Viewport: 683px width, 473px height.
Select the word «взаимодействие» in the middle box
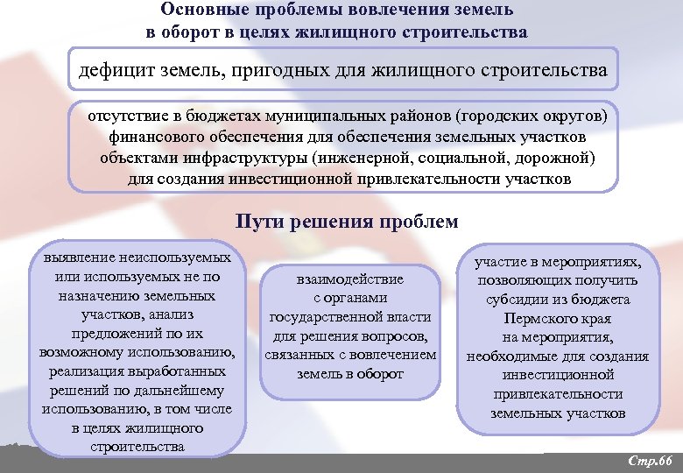click(350, 279)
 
